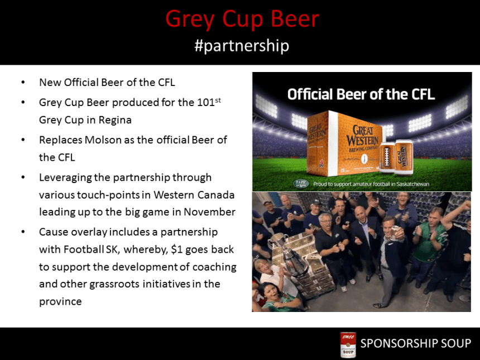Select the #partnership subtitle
click(x=242, y=46)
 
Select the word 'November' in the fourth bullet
click(x=207, y=212)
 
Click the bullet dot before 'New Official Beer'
click(x=22, y=83)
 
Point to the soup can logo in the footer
click(x=348, y=344)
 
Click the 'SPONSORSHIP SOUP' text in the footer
click(x=415, y=343)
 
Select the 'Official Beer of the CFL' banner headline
click(x=361, y=94)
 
